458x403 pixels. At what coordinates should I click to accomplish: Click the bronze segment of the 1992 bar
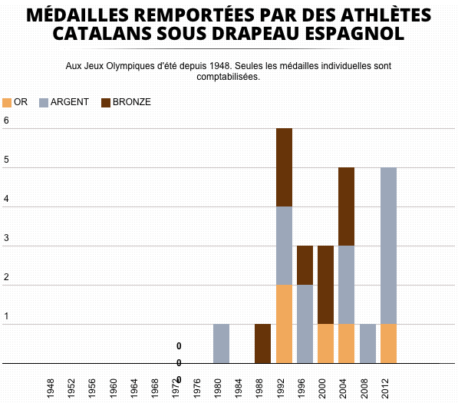pos(284,167)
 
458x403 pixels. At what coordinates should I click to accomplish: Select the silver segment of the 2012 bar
pos(388,246)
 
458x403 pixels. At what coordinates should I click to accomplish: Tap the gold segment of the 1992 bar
pos(284,324)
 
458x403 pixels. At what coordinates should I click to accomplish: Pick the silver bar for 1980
pos(221,344)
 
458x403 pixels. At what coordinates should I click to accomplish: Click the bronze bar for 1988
pos(262,344)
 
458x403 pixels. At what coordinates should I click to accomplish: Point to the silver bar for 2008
pos(367,344)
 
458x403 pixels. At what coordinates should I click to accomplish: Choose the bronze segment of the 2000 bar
pos(326,285)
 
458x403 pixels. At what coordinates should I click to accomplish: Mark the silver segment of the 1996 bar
pos(305,324)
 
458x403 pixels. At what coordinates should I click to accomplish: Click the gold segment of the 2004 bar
pos(347,344)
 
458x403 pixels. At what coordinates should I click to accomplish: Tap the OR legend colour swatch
pos(7,103)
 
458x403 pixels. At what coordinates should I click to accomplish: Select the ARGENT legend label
pos(70,102)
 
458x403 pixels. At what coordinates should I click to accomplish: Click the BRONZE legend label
pos(132,102)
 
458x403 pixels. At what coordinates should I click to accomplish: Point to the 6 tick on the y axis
pos(6,121)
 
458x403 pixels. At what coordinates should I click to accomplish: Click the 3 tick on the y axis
pos(6,238)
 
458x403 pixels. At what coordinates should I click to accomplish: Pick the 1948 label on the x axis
pos(51,388)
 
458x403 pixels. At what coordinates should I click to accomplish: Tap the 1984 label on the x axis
pos(239,388)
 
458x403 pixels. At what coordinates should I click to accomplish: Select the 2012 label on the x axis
pos(385,388)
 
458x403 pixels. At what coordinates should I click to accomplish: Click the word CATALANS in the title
pos(102,33)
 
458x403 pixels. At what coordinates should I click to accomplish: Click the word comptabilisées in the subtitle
pos(229,77)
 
